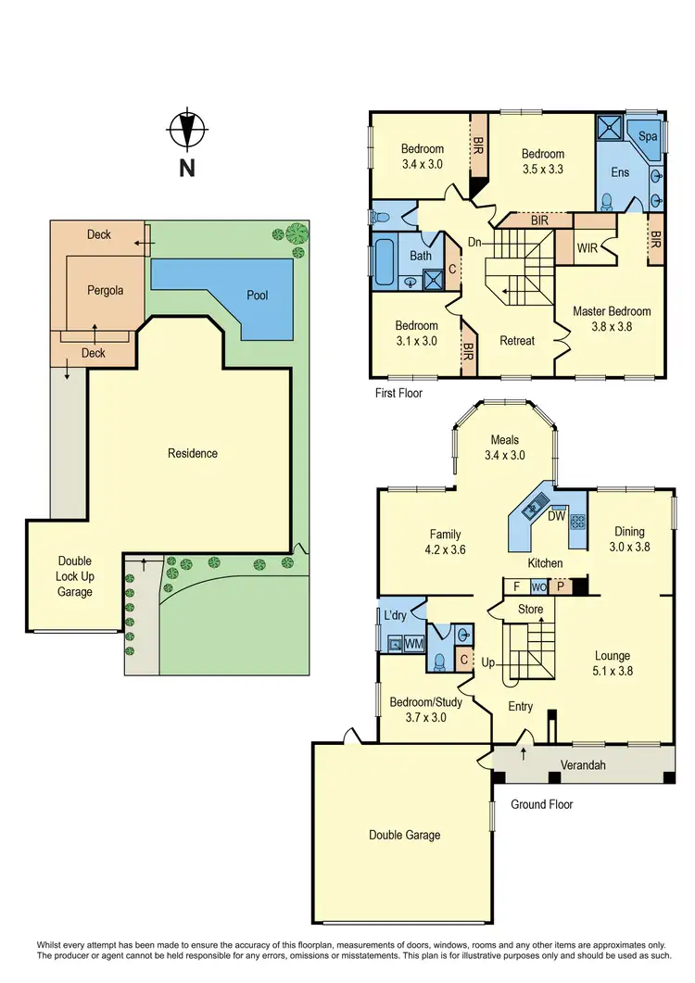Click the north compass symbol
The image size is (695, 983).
click(x=187, y=131)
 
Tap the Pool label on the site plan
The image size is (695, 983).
click(x=257, y=296)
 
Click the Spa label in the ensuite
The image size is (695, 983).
click(x=649, y=136)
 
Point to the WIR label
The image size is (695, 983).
click(x=587, y=248)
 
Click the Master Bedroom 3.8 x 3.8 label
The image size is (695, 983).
click(x=612, y=319)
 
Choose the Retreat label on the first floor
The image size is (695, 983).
click(x=517, y=340)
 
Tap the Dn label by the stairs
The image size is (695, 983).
click(x=474, y=242)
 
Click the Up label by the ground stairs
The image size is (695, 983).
click(x=489, y=662)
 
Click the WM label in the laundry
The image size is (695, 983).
click(x=413, y=642)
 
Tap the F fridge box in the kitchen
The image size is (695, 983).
click(x=515, y=586)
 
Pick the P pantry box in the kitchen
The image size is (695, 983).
click(x=561, y=586)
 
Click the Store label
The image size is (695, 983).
click(x=530, y=610)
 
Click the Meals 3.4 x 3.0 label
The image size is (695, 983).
click(x=505, y=447)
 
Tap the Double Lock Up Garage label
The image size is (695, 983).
click(x=74, y=576)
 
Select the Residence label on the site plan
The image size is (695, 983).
click(x=193, y=453)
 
